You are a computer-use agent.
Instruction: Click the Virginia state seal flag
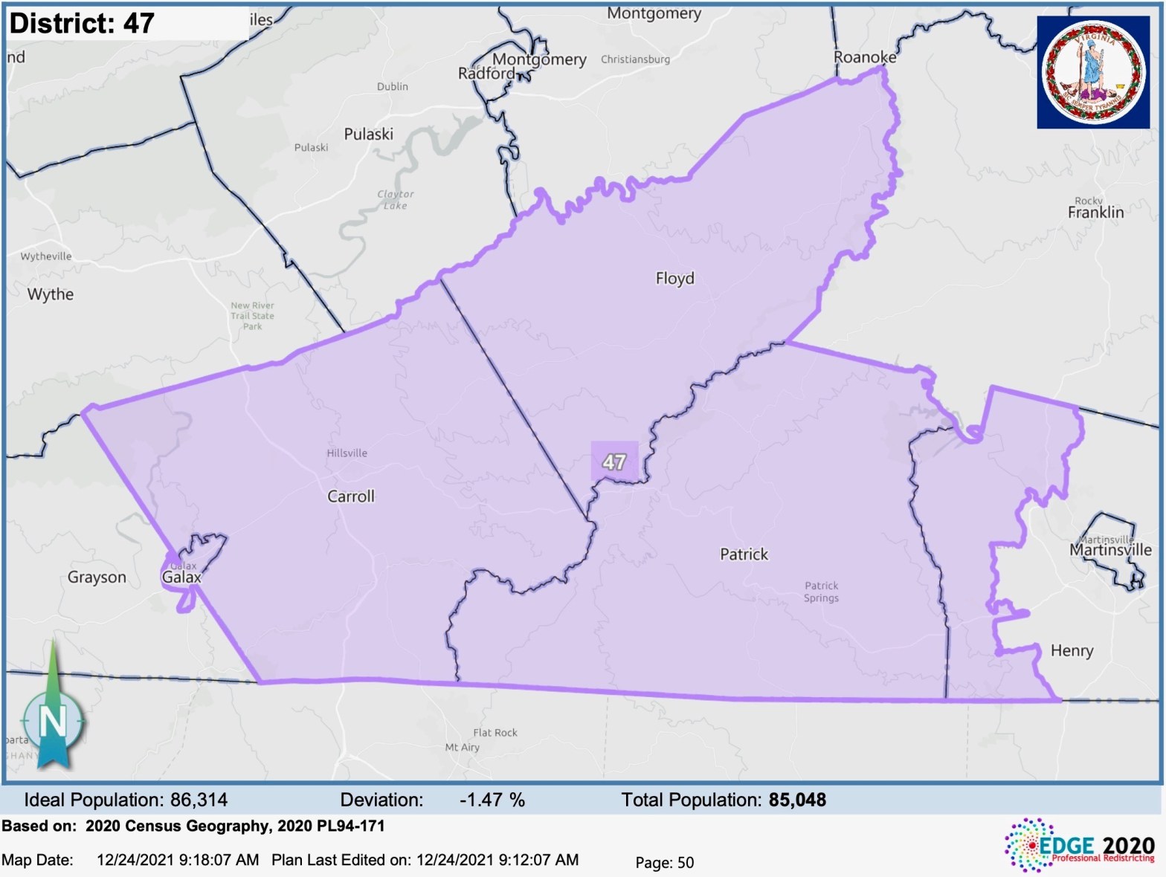click(1093, 72)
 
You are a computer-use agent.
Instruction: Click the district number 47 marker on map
click(614, 462)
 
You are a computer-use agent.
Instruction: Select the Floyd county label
click(674, 279)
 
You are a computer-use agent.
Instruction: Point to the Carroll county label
click(351, 496)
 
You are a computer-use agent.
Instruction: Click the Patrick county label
click(744, 554)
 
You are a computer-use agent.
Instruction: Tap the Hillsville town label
click(347, 453)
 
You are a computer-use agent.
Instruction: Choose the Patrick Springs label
click(821, 592)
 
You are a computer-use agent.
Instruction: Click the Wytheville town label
click(46, 256)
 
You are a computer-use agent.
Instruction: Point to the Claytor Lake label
click(395, 200)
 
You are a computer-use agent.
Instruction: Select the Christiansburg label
click(635, 59)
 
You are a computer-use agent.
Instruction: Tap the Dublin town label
click(392, 87)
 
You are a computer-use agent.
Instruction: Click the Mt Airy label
click(462, 748)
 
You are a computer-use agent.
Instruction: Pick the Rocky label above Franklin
click(1088, 201)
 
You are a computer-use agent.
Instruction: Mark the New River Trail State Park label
click(252, 316)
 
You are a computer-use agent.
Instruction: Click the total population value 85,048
click(797, 800)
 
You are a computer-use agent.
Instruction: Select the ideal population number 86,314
click(199, 800)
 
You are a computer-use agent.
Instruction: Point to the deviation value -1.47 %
click(492, 800)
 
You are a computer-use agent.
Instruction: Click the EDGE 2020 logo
click(1080, 846)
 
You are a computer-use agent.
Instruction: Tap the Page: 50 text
click(664, 862)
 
